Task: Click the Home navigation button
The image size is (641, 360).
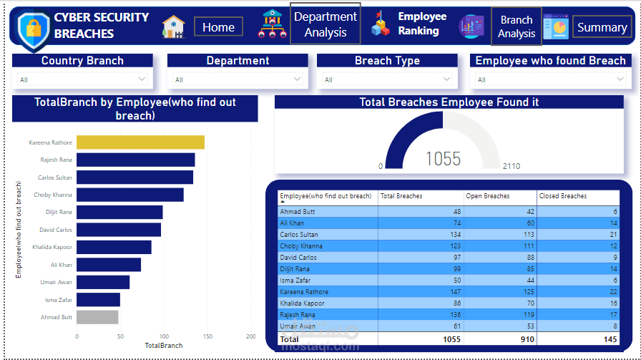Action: point(218,27)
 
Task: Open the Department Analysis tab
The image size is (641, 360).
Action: point(325,24)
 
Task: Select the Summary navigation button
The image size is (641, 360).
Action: point(602,27)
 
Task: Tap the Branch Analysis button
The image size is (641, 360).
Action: point(516,26)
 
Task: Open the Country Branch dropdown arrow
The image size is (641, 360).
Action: point(142,79)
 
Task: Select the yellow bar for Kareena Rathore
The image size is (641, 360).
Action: point(140,142)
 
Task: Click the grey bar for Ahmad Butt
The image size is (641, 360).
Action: point(97,317)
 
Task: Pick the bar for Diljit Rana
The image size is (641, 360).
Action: point(119,212)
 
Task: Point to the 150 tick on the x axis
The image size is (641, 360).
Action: point(207,336)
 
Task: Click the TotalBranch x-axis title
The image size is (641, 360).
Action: point(164,345)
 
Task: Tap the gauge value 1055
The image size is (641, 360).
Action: point(443,158)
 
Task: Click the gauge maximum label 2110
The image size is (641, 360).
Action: point(511,166)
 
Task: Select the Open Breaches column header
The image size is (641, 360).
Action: point(486,196)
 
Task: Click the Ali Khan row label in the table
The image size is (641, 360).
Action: point(293,223)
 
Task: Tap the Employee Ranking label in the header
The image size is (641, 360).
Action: point(422,24)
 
